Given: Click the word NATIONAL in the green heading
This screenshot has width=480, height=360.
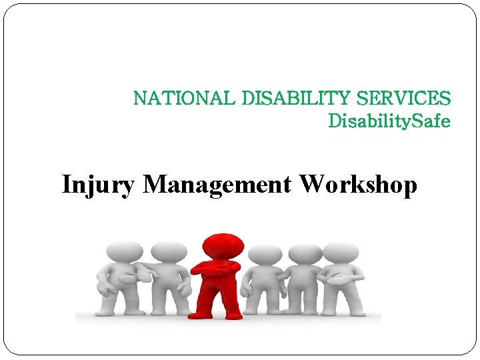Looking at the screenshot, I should coord(185,99).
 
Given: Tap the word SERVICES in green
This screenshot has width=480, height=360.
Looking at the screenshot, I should coord(404,99).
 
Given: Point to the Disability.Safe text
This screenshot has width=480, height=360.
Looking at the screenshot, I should coord(389,121).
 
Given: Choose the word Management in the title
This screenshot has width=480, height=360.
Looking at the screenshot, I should coord(217,184).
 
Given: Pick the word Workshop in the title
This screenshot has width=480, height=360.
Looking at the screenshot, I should coord(359,184).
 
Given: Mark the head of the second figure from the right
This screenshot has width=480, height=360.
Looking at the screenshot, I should coord(305,253).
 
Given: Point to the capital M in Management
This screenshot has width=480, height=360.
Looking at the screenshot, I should coord(155,184).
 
